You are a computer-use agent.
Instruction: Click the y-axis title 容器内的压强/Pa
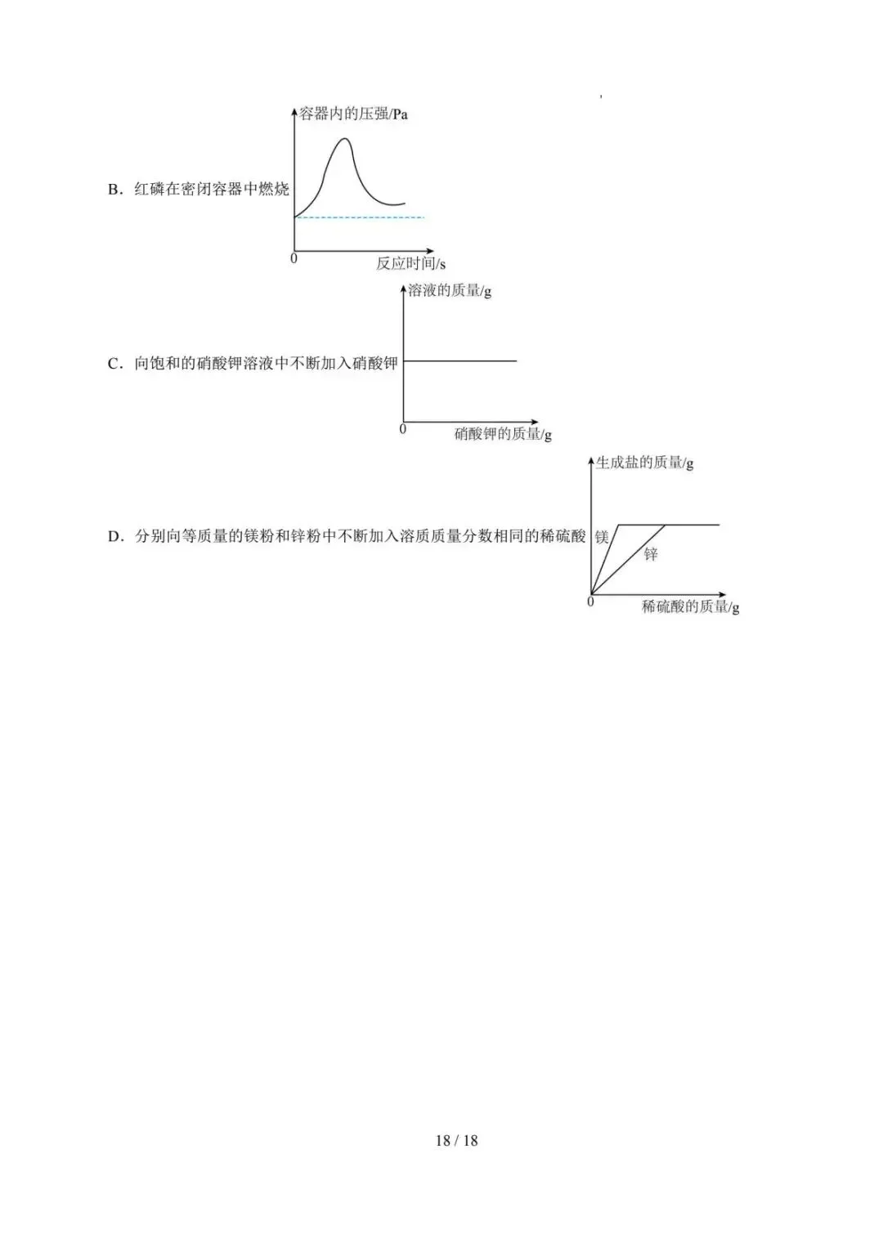pyautogui.click(x=353, y=114)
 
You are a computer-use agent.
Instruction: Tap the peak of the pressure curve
pyautogui.click(x=346, y=139)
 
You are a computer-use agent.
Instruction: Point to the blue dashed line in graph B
pyautogui.click(x=360, y=217)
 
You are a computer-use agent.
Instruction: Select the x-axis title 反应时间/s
pyautogui.click(x=410, y=263)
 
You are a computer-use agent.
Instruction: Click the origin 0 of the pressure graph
pyautogui.click(x=294, y=258)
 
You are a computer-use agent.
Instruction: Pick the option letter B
pyautogui.click(x=114, y=190)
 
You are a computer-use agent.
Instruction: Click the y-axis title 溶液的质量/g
pyautogui.click(x=450, y=291)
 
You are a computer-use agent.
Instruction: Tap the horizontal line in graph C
pyautogui.click(x=460, y=361)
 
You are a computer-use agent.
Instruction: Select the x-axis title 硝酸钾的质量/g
pyautogui.click(x=503, y=434)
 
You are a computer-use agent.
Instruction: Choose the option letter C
pyautogui.click(x=114, y=365)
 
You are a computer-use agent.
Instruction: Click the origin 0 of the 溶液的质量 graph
pyautogui.click(x=403, y=430)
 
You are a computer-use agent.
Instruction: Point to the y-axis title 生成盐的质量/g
pyautogui.click(x=645, y=463)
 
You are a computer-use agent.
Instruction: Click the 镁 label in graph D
pyautogui.click(x=602, y=536)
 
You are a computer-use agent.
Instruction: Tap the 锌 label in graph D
pyautogui.click(x=651, y=554)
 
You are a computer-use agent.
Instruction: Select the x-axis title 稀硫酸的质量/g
pyautogui.click(x=690, y=606)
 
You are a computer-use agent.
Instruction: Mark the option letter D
pyautogui.click(x=114, y=537)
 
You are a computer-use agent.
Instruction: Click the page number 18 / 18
pyautogui.click(x=456, y=1140)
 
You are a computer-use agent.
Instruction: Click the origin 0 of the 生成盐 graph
pyautogui.click(x=590, y=602)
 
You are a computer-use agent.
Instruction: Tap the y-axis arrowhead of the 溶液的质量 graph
pyautogui.click(x=404, y=288)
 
